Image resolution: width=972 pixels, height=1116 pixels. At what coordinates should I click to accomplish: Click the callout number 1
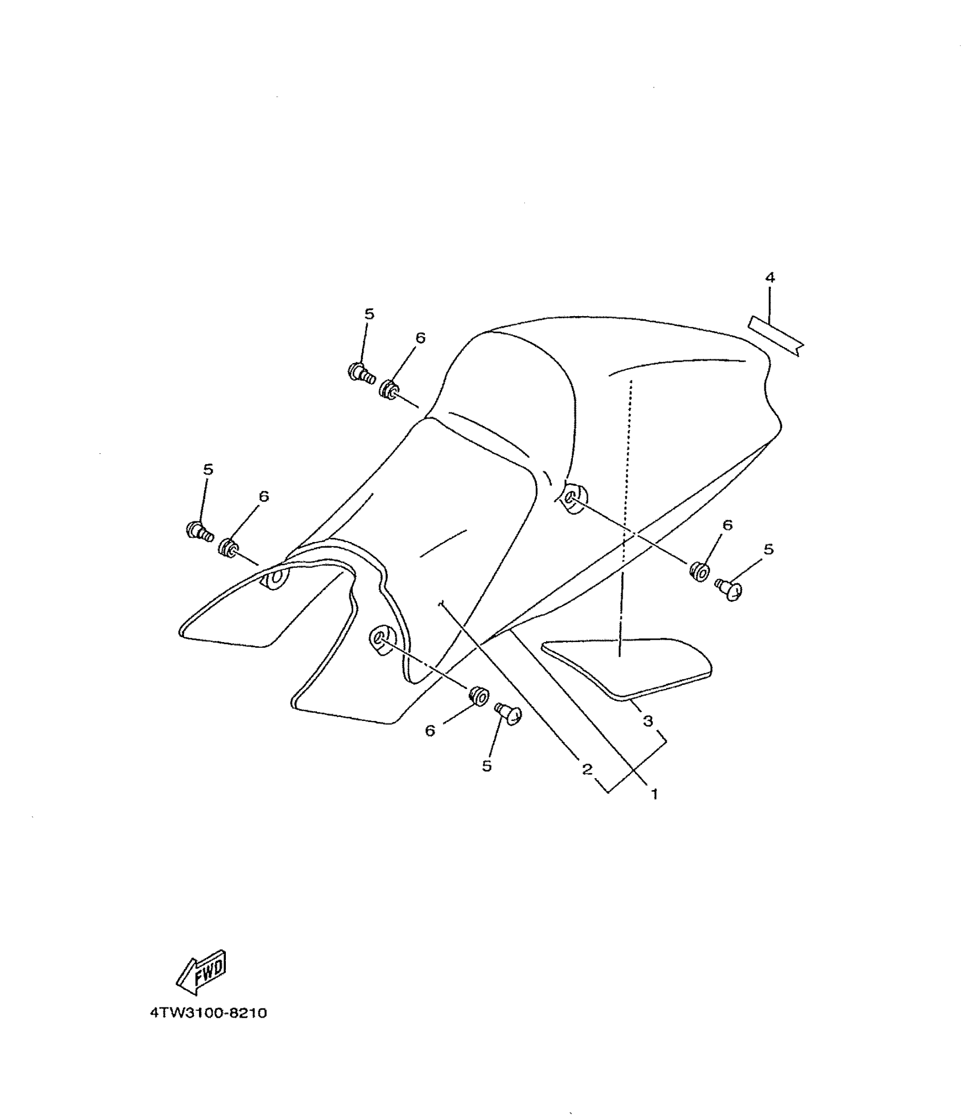(x=655, y=794)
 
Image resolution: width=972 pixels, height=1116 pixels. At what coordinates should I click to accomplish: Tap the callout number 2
(x=587, y=769)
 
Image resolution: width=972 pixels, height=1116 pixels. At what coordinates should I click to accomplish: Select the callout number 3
(x=648, y=722)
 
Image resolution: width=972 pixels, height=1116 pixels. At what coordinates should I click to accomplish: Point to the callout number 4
(x=770, y=278)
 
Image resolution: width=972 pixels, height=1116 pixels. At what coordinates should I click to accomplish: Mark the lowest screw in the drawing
(x=508, y=713)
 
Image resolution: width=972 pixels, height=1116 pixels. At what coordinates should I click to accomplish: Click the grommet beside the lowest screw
(x=478, y=695)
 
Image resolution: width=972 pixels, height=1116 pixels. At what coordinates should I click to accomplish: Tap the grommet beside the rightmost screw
(x=699, y=571)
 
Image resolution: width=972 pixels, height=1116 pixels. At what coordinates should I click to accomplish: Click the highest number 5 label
(x=369, y=314)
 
